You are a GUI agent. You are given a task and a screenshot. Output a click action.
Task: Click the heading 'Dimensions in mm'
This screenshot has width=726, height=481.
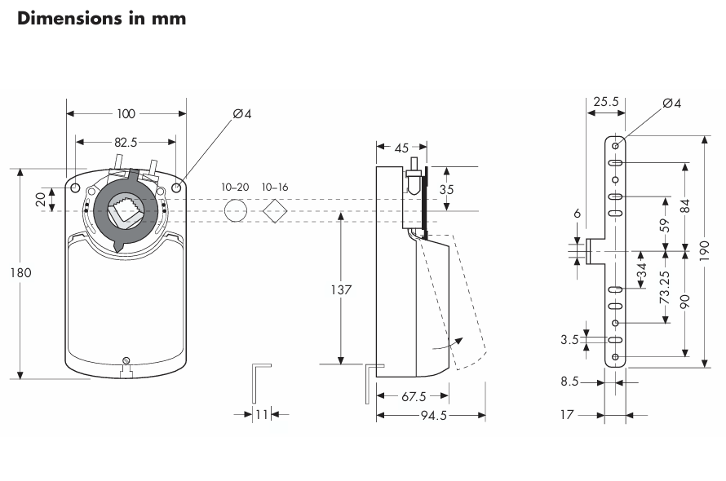[x=101, y=18]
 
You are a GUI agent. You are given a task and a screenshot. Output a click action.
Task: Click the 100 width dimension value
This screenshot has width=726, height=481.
[x=126, y=113]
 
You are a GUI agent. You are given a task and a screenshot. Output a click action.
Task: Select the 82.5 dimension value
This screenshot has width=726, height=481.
[x=125, y=141]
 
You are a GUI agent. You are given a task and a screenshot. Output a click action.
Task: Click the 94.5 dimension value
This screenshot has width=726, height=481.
[x=431, y=415]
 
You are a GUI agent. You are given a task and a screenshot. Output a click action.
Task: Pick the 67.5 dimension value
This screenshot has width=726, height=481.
[x=414, y=396]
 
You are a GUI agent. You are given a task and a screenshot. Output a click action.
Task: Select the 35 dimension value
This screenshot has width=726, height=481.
[x=446, y=188]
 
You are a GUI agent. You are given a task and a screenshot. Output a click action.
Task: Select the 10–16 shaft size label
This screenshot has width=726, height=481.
[x=275, y=187]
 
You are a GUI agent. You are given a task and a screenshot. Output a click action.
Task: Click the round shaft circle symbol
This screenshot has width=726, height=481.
[x=235, y=211]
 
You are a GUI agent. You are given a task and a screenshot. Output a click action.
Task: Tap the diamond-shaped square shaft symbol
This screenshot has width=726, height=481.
[x=276, y=210]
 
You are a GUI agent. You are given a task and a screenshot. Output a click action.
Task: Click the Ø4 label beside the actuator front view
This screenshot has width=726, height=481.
[x=242, y=113]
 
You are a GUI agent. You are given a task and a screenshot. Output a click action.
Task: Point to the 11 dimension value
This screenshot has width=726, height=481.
[x=262, y=415]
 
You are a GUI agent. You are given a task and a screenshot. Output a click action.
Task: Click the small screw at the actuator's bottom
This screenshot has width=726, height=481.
[x=125, y=361]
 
